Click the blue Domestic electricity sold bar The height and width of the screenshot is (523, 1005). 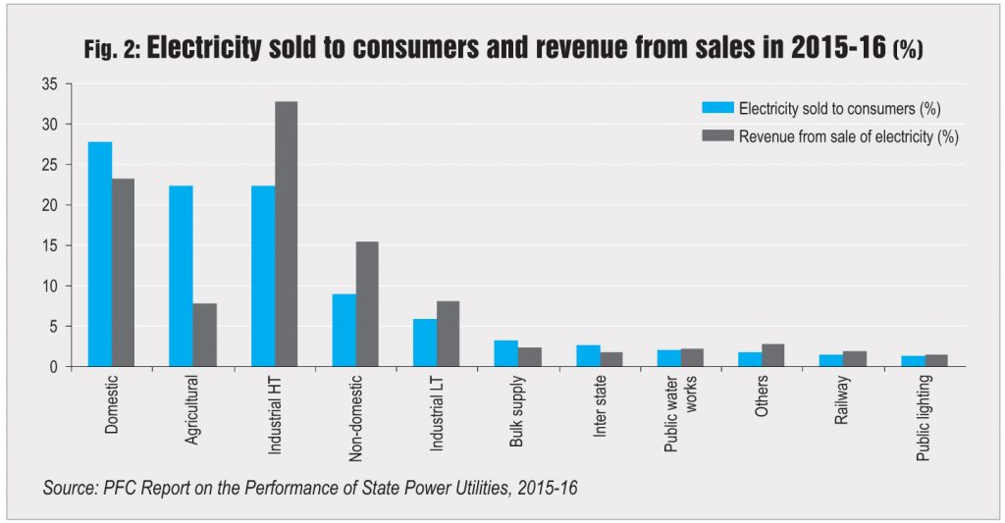(100, 254)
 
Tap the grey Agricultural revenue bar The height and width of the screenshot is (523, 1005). (204, 335)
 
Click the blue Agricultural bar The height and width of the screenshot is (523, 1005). (181, 276)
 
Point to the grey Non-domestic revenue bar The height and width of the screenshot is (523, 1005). (367, 304)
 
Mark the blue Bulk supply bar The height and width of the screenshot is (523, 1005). (505, 353)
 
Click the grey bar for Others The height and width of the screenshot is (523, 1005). (773, 355)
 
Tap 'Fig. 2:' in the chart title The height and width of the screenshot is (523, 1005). (107, 50)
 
